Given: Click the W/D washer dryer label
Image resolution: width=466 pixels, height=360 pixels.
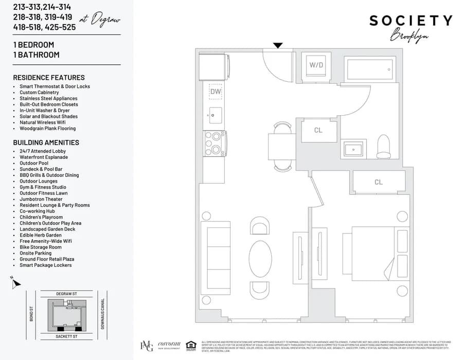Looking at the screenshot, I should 315,65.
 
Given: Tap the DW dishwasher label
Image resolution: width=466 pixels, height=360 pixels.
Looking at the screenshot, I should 216,92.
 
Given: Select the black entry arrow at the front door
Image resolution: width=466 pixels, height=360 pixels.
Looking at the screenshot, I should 278,45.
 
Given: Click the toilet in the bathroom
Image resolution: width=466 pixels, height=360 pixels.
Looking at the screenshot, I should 384,147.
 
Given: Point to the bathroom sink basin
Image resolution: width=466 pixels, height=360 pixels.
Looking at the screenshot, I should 354,149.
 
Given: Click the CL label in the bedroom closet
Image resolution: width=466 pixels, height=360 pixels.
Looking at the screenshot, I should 379,182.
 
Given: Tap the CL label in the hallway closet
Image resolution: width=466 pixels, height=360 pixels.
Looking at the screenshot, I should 318,130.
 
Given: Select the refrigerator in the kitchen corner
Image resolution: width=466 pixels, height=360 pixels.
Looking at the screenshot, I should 216,66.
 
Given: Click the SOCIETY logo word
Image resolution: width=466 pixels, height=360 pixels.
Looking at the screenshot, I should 410,21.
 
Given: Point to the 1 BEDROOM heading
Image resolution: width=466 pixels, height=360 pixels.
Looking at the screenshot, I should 33,45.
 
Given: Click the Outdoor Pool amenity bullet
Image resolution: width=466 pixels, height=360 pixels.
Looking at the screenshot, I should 34,163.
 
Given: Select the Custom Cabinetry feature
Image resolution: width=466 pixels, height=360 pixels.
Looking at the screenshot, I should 39,93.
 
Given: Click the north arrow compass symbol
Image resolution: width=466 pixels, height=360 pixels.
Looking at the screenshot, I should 15,282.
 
